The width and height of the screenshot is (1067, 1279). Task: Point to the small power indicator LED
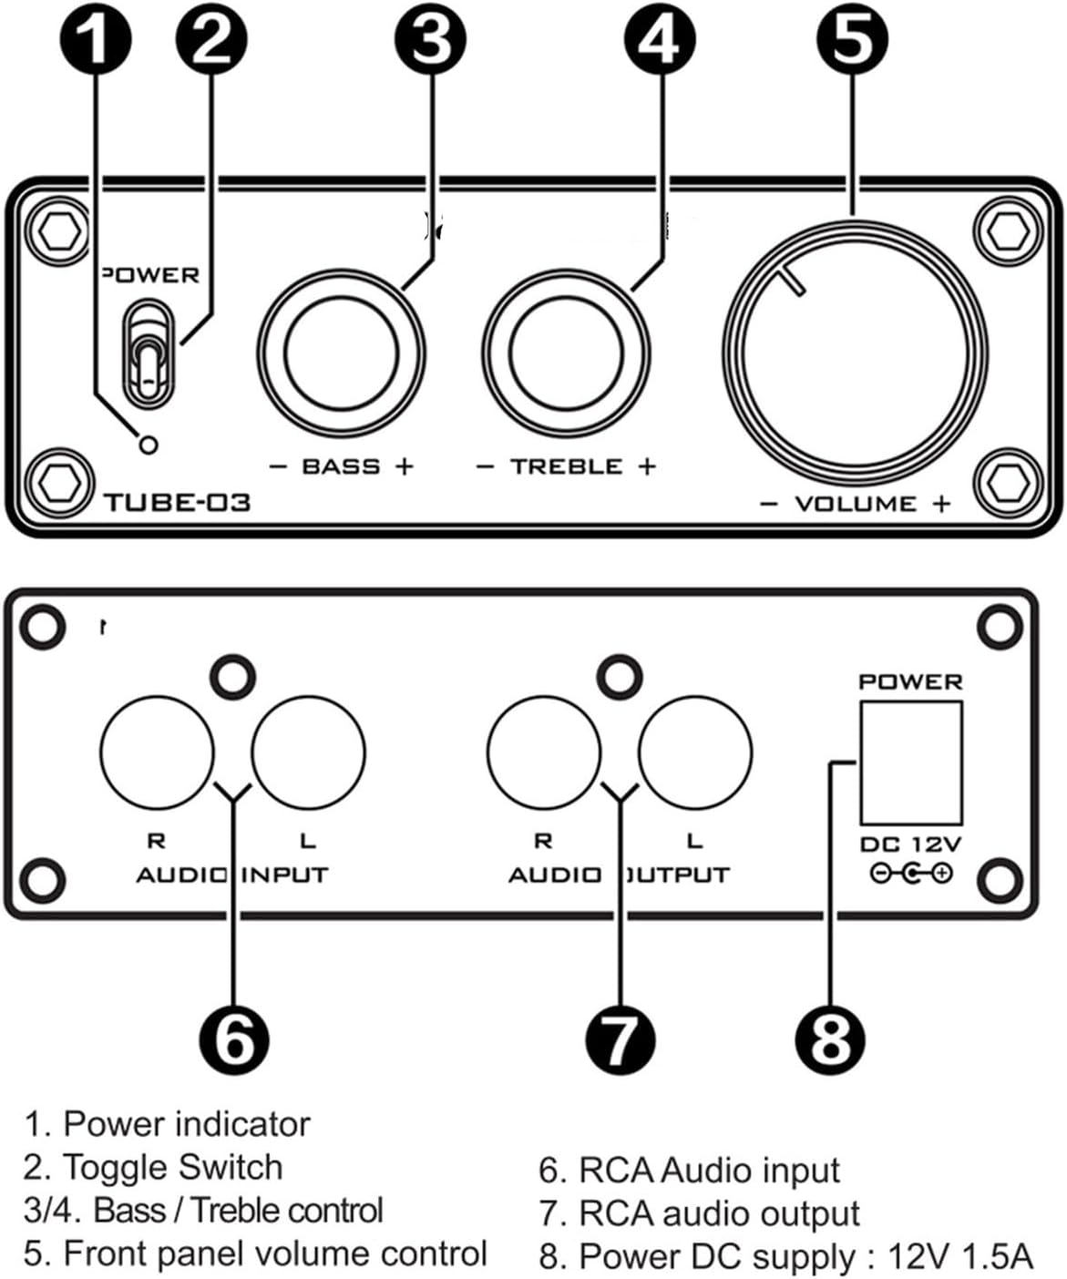point(148,445)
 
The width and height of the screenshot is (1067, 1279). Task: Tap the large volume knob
point(855,353)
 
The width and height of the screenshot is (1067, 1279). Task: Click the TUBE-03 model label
point(177,502)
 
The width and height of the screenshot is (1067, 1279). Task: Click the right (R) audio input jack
point(157,752)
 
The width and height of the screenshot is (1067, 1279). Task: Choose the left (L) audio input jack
point(308,752)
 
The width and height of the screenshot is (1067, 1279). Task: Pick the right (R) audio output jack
point(544,752)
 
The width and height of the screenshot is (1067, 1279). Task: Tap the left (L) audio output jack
point(695,752)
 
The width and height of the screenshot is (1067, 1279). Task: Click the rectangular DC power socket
point(910,763)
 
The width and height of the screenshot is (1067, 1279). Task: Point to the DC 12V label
point(910,844)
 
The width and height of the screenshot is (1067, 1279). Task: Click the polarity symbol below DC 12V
point(910,874)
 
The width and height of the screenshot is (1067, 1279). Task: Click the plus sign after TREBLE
point(646,466)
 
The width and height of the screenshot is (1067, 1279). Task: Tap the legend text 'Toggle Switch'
point(172,1167)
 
